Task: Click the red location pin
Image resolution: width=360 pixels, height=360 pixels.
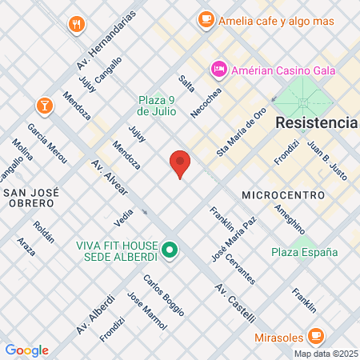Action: click(180, 163)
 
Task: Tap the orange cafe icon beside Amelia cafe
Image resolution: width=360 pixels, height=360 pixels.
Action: click(206, 18)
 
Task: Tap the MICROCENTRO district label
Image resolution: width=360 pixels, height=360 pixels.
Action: click(282, 194)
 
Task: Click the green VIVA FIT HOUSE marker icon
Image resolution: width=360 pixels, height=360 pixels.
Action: click(169, 250)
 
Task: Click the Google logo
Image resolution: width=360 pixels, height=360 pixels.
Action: click(26, 350)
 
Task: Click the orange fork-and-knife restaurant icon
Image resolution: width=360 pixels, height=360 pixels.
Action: click(77, 23)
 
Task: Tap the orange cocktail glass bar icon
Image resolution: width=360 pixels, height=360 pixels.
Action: click(43, 105)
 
